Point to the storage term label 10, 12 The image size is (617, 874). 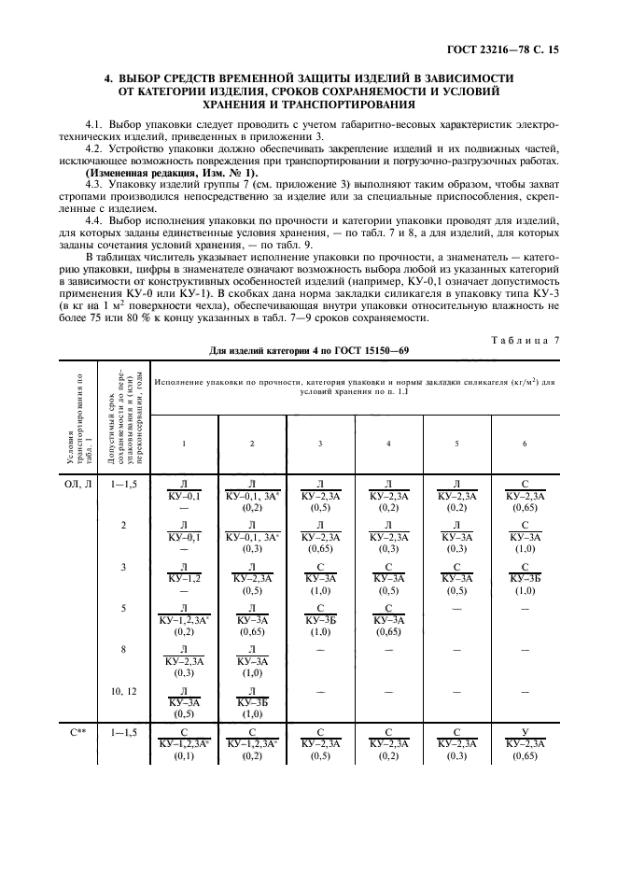tap(123, 690)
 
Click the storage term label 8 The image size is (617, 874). tap(123, 646)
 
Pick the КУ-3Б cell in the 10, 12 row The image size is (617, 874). tap(252, 702)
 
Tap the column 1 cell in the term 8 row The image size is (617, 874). tap(184, 659)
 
